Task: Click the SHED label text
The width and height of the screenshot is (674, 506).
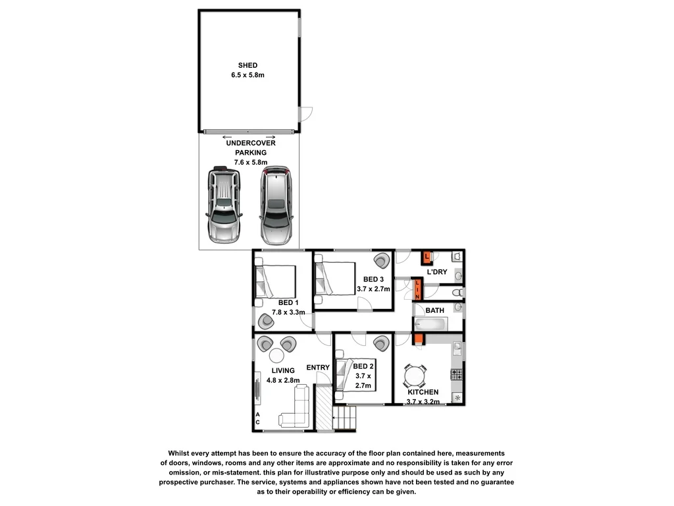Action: pyautogui.click(x=248, y=65)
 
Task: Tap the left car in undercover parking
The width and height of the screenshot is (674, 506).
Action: pyautogui.click(x=224, y=204)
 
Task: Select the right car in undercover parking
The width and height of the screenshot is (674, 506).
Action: pyautogui.click(x=274, y=204)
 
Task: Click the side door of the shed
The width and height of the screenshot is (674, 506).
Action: pyautogui.click(x=305, y=114)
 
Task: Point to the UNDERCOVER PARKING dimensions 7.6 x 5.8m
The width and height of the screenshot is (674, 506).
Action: pyautogui.click(x=250, y=162)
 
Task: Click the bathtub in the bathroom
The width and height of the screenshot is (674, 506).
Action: pyautogui.click(x=431, y=324)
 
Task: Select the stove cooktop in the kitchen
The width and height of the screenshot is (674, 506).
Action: pyautogui.click(x=456, y=374)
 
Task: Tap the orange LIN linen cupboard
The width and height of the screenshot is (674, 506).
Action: pyautogui.click(x=417, y=289)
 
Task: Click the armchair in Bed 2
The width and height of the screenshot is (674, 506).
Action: pyautogui.click(x=380, y=343)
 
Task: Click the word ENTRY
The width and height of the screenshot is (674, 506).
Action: pyautogui.click(x=318, y=368)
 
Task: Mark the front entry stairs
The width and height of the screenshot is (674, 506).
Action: pyautogui.click(x=346, y=418)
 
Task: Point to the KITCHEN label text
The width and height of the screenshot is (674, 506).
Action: pyautogui.click(x=422, y=392)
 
